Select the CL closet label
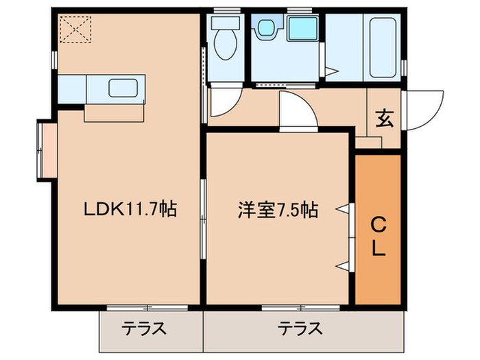click(377, 236)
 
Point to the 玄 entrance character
click(383, 119)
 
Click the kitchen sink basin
click(124, 89)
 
